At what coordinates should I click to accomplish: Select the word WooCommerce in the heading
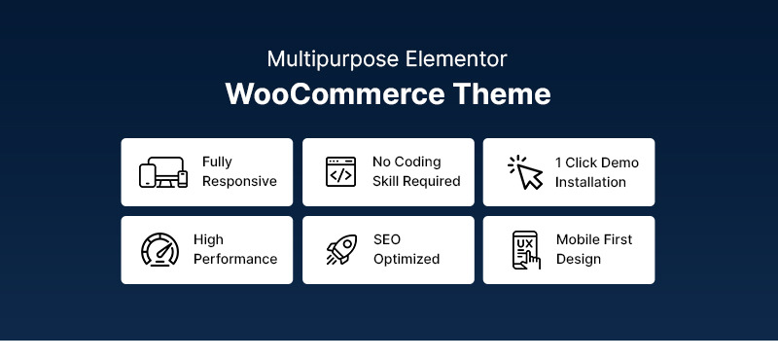322,94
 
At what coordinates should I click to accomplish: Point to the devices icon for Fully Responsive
163,172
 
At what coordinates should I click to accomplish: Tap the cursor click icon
525,172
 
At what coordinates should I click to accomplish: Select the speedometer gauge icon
160,250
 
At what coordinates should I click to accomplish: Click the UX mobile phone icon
526,250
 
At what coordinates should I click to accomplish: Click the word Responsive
239,182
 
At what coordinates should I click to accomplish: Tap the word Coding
419,162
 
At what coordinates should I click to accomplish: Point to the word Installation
590,182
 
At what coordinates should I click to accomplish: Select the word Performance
234,260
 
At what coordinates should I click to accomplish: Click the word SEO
387,240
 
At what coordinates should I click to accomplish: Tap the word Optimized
406,260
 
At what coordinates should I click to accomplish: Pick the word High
208,240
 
